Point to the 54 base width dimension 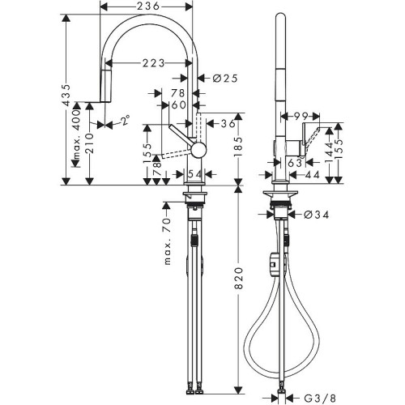pos(194,174)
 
